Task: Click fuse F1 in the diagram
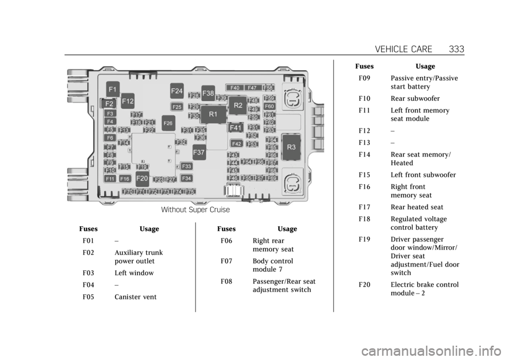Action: coord(113,88)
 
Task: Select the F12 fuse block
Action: coord(127,100)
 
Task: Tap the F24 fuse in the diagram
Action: coord(177,91)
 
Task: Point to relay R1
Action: coord(213,114)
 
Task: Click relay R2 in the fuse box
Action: coord(238,105)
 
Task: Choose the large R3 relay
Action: coord(291,147)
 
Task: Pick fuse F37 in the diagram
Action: coord(199,152)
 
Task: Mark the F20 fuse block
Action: coord(142,178)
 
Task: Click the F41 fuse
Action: coord(236,128)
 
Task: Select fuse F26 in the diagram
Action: coord(168,123)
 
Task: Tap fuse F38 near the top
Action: coord(208,93)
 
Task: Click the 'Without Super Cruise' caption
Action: coord(195,210)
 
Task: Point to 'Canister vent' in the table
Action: coord(135,297)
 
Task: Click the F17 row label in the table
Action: coord(364,207)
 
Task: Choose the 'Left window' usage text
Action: coord(134,273)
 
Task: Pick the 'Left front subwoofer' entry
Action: coord(423,175)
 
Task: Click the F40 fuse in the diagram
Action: coord(235,88)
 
